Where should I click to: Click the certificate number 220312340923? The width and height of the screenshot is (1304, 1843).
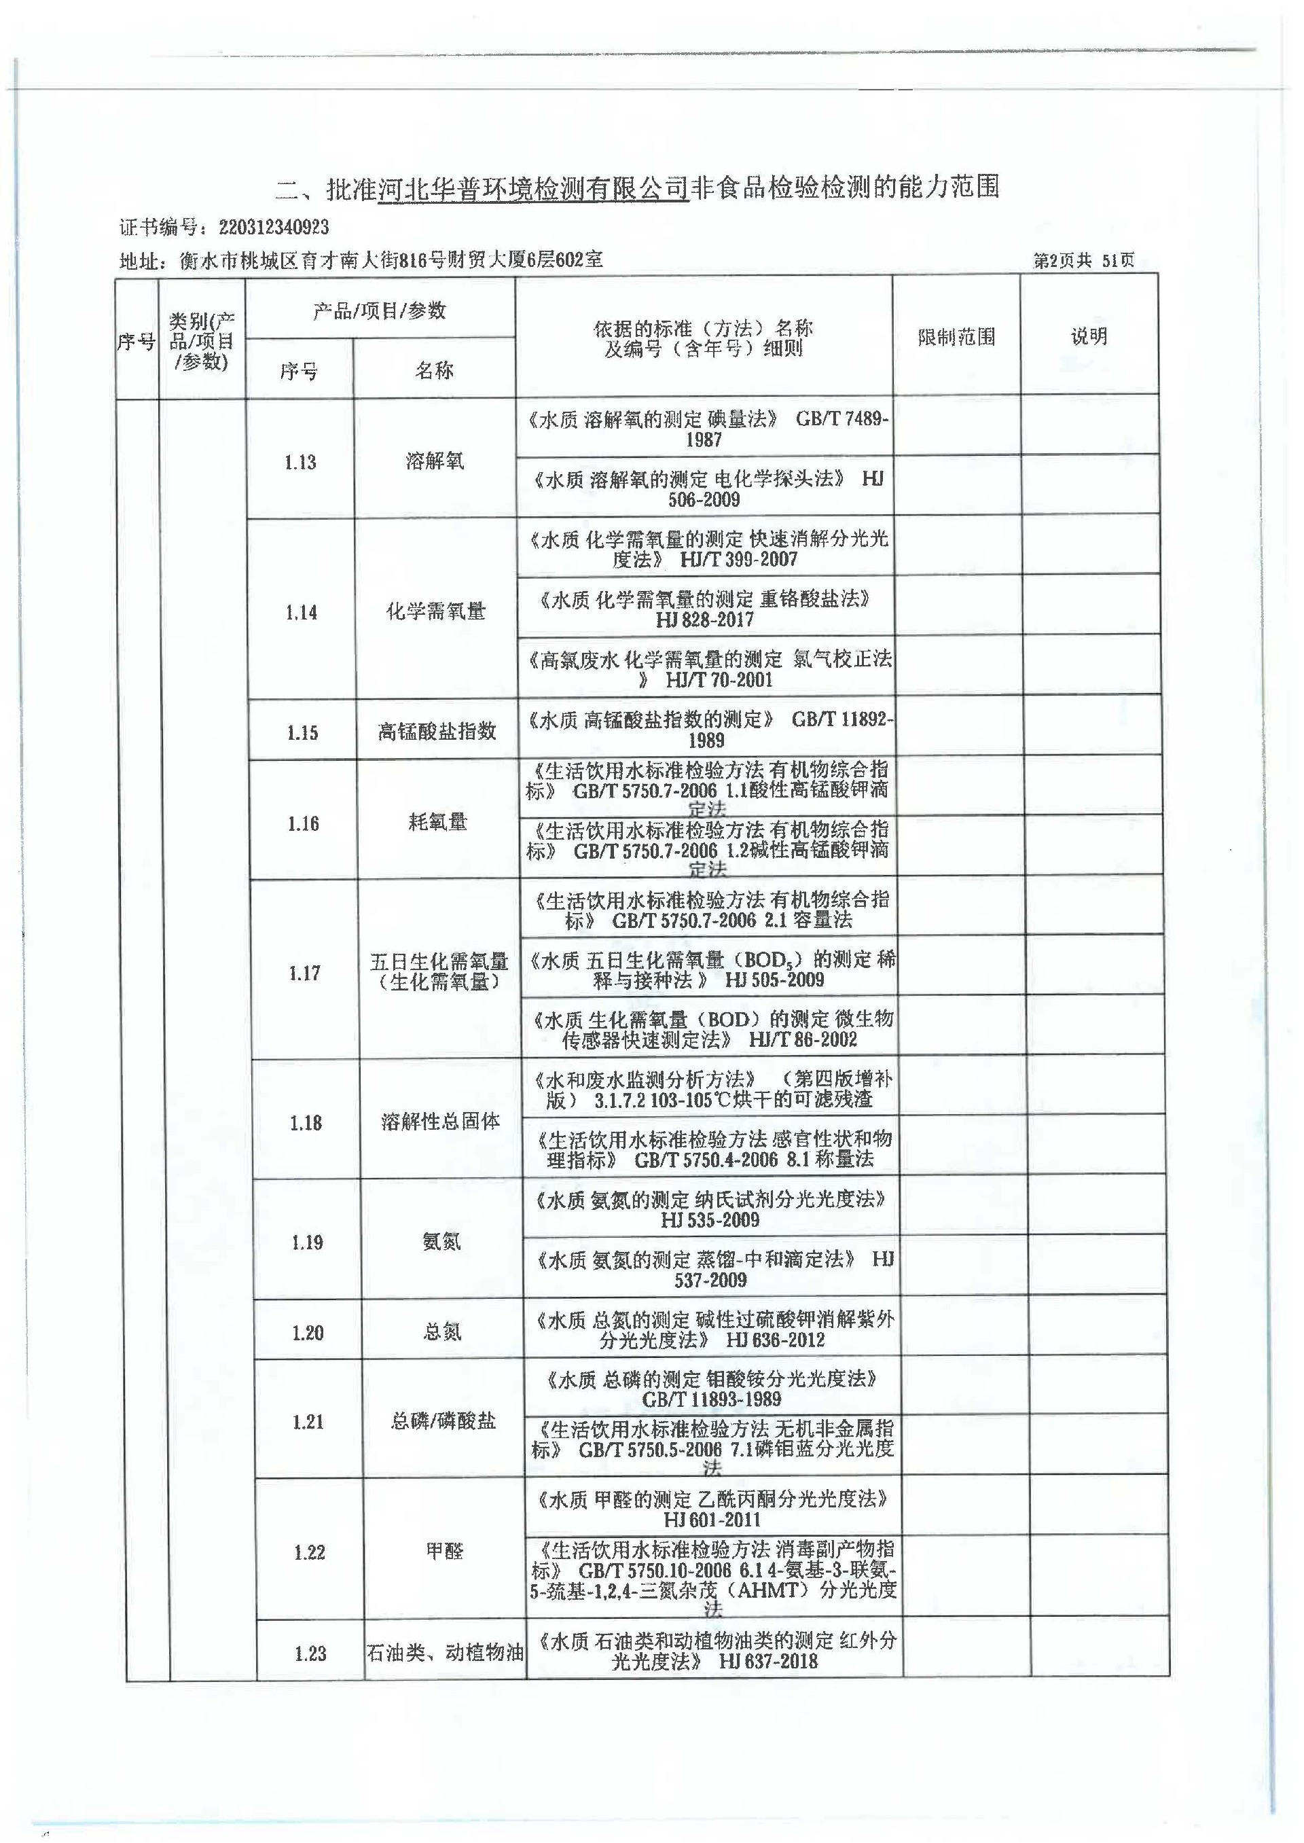[274, 228]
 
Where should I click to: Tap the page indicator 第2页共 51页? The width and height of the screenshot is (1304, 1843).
[1083, 260]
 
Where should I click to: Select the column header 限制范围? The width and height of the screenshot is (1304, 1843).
[956, 337]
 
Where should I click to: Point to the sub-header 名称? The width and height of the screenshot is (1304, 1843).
[435, 370]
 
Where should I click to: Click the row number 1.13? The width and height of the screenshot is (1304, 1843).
[300, 463]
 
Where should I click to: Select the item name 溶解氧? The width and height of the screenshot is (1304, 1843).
[435, 461]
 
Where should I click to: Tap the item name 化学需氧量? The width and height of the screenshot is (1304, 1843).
[435, 612]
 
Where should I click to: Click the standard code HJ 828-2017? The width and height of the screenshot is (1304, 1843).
[704, 620]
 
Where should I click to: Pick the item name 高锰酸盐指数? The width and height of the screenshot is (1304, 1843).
[437, 732]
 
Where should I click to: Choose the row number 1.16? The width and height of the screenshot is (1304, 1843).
[303, 824]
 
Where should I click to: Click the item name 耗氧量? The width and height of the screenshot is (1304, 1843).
[437, 823]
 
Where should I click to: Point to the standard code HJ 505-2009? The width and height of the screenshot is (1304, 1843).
[774, 980]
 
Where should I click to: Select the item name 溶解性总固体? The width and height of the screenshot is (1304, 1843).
[440, 1123]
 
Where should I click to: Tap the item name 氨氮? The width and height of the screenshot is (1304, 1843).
[441, 1242]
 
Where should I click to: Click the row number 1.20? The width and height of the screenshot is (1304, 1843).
[307, 1333]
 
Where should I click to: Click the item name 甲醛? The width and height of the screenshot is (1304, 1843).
[444, 1551]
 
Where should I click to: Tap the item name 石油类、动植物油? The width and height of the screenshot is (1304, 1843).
[445, 1653]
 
